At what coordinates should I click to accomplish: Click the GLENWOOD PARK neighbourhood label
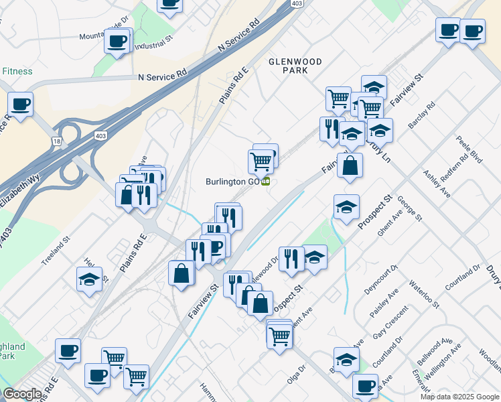(295, 66)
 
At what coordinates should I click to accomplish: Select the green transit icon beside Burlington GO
(266, 181)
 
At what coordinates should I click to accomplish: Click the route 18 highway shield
(58, 141)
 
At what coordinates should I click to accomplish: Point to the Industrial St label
(153, 47)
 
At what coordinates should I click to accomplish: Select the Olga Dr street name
(296, 374)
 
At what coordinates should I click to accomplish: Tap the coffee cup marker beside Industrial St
(118, 42)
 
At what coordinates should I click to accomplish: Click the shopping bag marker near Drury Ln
(350, 165)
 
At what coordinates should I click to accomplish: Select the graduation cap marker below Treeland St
(89, 280)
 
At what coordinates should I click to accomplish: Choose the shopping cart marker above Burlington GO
(261, 160)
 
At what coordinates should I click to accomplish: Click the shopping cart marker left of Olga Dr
(279, 336)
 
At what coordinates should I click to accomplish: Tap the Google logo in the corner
(22, 394)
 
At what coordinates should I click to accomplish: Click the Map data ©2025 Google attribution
(459, 397)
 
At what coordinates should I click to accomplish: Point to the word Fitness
(17, 70)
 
